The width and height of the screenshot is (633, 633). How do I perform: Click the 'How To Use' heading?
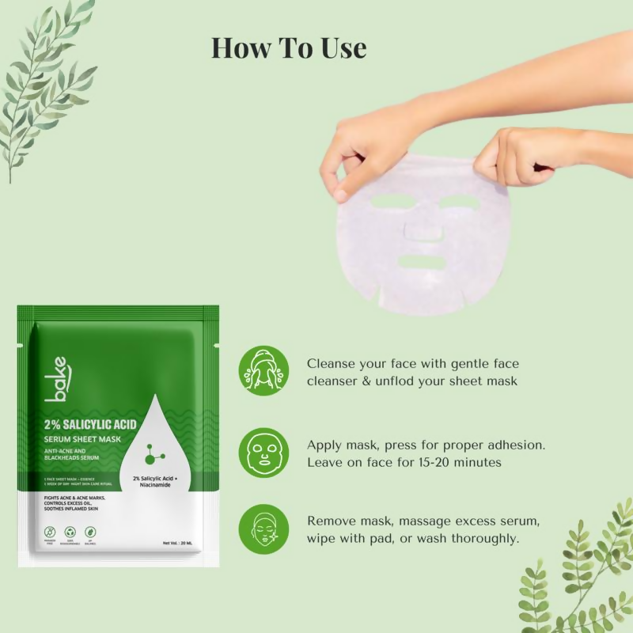point(289,47)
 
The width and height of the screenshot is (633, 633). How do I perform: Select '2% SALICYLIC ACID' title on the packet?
point(90,425)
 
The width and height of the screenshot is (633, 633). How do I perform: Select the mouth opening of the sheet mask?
point(424,262)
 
